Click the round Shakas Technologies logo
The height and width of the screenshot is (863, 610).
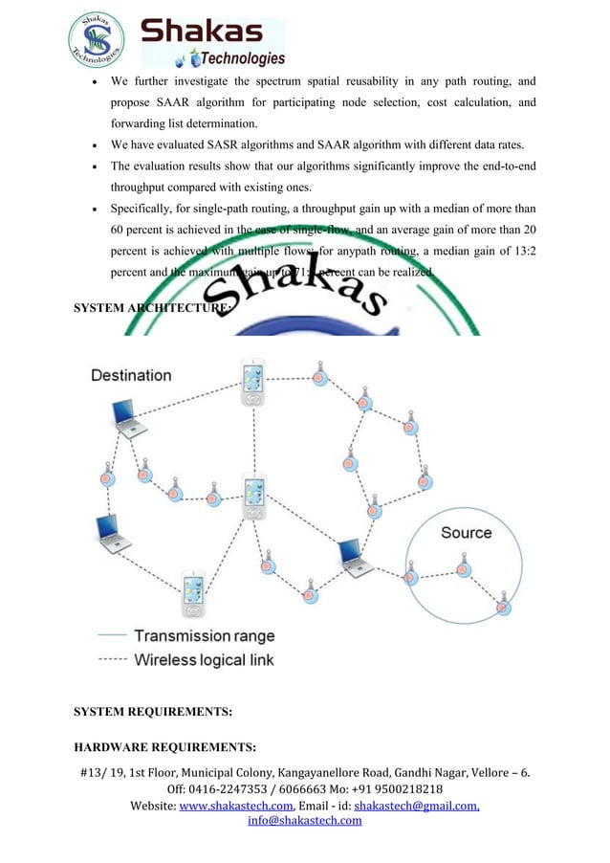coord(97,35)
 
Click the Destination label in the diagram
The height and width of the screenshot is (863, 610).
coord(131,375)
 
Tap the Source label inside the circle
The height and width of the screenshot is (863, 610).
coord(466,533)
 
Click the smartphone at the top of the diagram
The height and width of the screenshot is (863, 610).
coord(252,383)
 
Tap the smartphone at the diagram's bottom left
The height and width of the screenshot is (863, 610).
coord(193,592)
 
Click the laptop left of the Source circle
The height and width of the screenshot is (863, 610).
coord(352,556)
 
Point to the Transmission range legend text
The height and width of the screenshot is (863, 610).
coord(204,635)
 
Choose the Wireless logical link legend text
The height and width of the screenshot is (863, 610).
coord(204,659)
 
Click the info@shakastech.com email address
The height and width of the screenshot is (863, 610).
coord(304,821)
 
